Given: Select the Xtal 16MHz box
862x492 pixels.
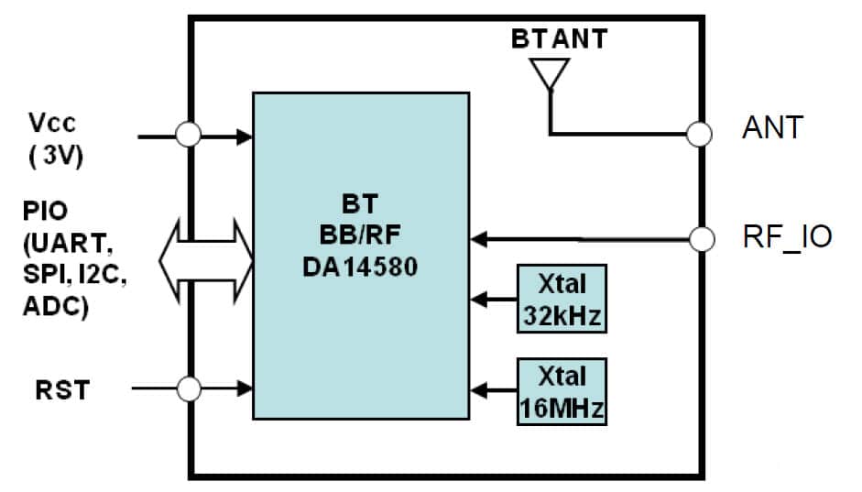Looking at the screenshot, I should [x=561, y=391].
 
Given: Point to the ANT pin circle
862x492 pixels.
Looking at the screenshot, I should [x=699, y=134].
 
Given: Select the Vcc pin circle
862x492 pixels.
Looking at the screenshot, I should [x=188, y=136].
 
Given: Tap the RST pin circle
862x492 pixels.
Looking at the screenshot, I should [x=188, y=388].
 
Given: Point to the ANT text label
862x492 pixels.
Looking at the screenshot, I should [x=771, y=128].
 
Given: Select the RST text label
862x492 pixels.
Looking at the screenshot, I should [x=62, y=389].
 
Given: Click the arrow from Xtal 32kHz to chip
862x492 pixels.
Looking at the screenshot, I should [x=494, y=299].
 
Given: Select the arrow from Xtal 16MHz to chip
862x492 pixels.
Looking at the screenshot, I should [x=494, y=390].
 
